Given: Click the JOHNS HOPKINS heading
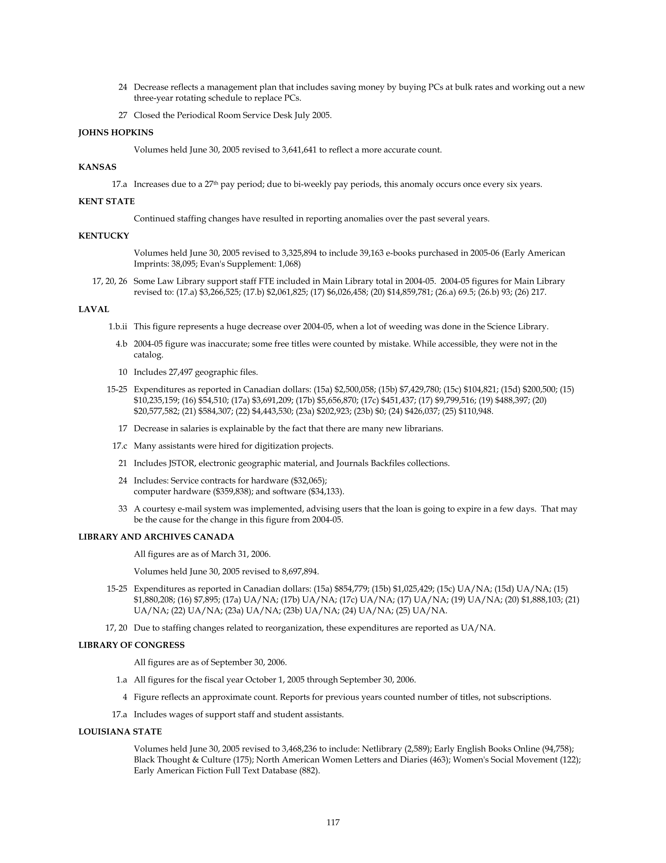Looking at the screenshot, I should tap(116, 133).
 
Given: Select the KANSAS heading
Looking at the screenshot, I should tap(97, 167).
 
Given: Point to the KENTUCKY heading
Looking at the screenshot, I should tap(103, 236).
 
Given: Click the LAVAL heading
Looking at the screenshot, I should tap(94, 309).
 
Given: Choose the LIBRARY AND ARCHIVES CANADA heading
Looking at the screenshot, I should tap(156, 537).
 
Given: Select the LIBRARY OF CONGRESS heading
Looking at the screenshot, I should tap(131, 645).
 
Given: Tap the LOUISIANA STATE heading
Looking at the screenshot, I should tap(120, 732).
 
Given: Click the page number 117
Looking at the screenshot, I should tap(333, 822).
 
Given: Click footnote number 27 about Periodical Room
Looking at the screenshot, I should tap(122, 115).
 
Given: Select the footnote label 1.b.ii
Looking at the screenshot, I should tap(118, 327).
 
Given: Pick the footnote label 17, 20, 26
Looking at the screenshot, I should tap(109, 281).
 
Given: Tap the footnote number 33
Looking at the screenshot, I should tap(122, 509).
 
